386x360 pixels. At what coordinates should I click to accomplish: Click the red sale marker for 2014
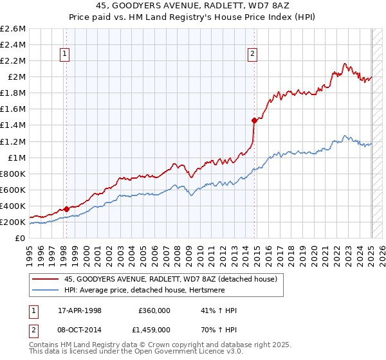pyautogui.click(x=254, y=120)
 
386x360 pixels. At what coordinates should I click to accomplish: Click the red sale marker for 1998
pyautogui.click(x=66, y=209)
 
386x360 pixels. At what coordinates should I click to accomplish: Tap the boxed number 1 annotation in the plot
pyautogui.click(x=66, y=55)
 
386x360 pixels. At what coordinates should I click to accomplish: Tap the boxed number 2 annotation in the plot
pyautogui.click(x=253, y=55)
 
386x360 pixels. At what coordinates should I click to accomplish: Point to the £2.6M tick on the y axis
pyautogui.click(x=14, y=29)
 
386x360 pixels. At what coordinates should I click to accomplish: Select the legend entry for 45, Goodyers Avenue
pyautogui.click(x=170, y=279)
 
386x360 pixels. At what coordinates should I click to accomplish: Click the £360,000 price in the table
pyautogui.click(x=154, y=310)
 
